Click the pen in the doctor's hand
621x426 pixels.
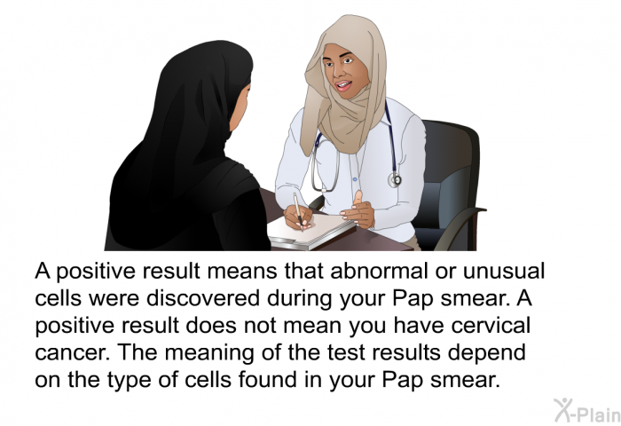click(x=297, y=209)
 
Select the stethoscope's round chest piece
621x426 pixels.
click(x=395, y=180)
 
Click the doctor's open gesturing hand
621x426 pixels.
click(x=359, y=211)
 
